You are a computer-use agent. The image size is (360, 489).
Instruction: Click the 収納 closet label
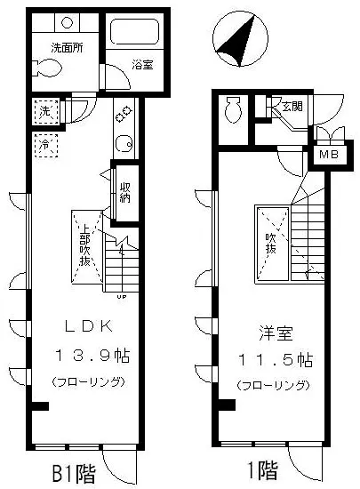tap(126, 191)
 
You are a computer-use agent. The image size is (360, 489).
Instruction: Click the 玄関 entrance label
tap(291, 107)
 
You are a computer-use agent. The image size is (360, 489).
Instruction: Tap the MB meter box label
tap(329, 156)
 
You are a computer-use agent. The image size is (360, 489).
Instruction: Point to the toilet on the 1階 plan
tap(234, 110)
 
